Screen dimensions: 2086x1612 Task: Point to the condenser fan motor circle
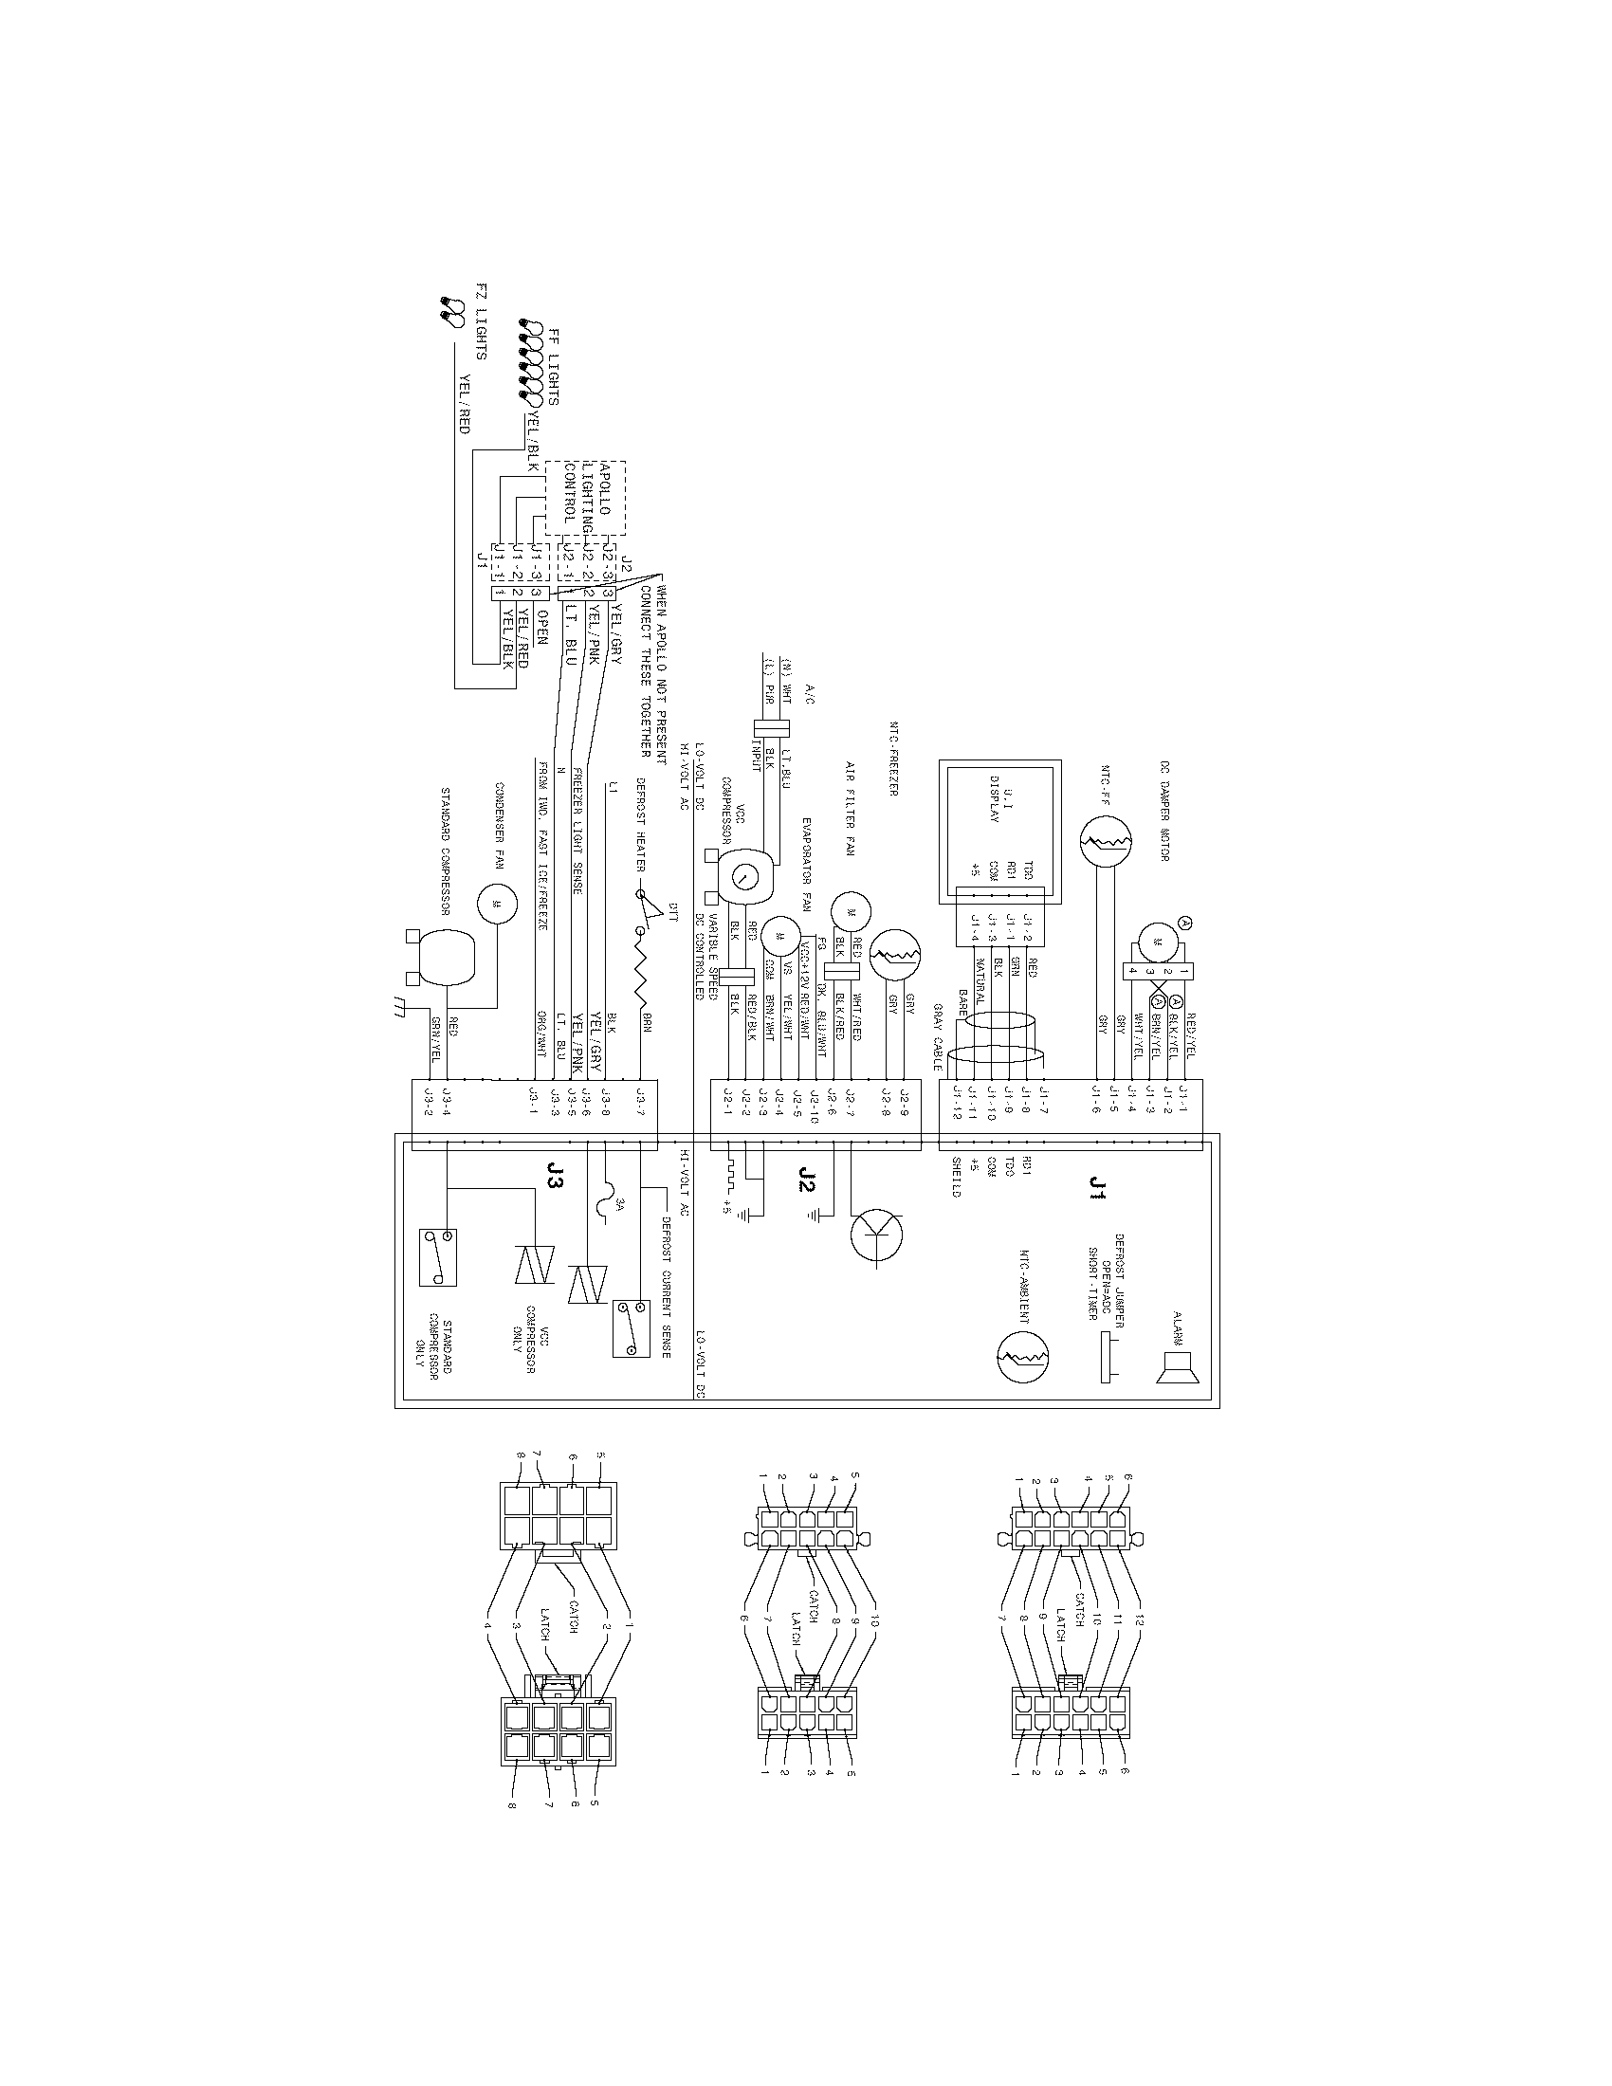(x=497, y=904)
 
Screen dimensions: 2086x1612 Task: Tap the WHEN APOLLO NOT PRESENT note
(x=653, y=668)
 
